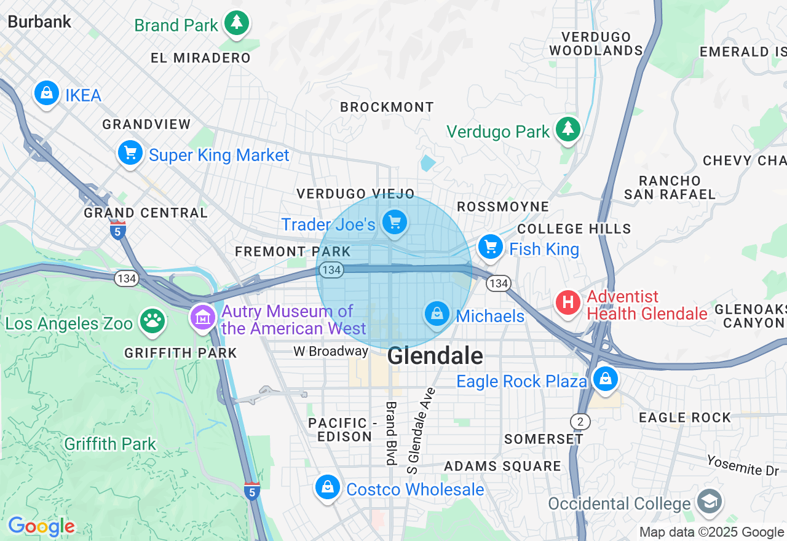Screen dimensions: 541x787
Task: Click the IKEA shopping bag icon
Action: [46, 93]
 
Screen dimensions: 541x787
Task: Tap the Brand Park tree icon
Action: [236, 23]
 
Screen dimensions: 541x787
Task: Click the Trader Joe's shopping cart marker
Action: [395, 222]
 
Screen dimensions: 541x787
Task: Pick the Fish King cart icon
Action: [491, 247]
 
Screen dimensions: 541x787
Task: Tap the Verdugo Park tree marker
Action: [568, 129]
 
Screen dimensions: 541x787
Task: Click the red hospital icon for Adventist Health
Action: [568, 303]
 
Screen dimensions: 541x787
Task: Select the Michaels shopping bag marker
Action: [437, 314]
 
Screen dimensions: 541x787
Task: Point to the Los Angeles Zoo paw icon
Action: [152, 321]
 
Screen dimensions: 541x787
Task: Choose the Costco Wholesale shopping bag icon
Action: [328, 488]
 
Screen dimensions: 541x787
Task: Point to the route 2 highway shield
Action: [579, 422]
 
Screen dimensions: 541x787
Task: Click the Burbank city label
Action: [39, 22]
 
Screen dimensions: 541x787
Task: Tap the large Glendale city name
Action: [435, 356]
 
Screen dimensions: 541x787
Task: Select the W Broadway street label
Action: [331, 351]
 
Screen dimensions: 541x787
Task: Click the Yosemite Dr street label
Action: [742, 465]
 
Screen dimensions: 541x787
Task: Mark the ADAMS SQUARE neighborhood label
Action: [502, 466]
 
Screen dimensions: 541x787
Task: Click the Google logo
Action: [41, 526]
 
